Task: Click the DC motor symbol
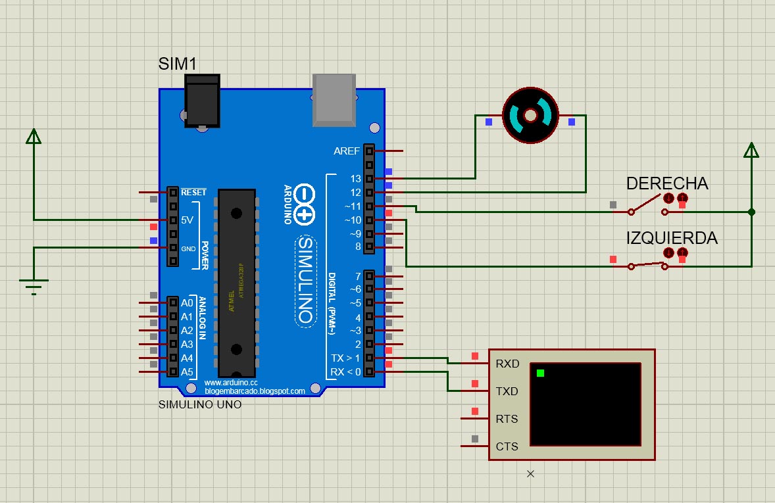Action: [x=530, y=116]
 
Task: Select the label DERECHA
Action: [x=666, y=183]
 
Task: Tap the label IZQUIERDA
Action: [x=671, y=238]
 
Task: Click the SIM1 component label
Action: [x=178, y=64]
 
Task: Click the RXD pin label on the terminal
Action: [x=507, y=364]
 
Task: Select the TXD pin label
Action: [x=507, y=391]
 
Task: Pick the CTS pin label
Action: [x=507, y=446]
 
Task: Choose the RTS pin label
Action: [x=507, y=419]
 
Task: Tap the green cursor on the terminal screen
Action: [x=540, y=373]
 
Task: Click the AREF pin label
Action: [x=347, y=151]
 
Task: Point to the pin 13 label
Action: [x=355, y=179]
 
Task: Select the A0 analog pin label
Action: [x=187, y=303]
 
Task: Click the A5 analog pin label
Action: [x=187, y=372]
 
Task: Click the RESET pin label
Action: [x=193, y=193]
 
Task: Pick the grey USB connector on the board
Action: [x=334, y=99]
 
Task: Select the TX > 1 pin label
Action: [x=345, y=358]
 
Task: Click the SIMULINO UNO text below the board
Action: [x=200, y=404]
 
